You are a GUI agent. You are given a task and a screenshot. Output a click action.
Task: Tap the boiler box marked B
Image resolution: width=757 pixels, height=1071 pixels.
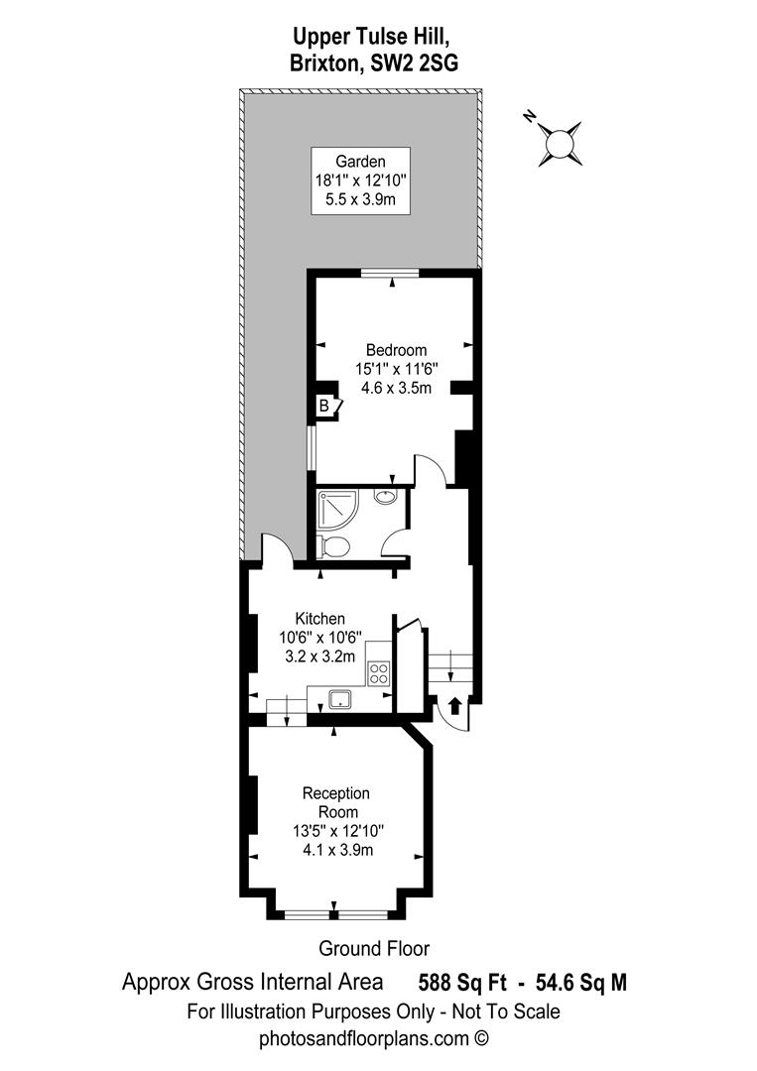point(323,405)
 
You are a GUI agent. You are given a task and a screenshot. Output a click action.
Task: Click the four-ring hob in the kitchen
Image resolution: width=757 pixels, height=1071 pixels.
point(378,672)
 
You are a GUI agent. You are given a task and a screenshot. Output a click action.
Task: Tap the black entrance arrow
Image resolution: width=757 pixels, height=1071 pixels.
point(454,705)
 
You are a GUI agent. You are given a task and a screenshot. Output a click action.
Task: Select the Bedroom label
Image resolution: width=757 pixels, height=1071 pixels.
point(396,350)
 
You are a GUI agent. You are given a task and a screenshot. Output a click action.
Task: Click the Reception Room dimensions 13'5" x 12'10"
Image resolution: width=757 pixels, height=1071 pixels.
point(336,831)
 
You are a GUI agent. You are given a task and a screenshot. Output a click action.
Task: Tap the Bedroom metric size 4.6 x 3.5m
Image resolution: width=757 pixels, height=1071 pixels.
point(396,388)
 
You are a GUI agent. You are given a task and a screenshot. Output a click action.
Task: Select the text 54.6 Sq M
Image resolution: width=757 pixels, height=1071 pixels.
point(581,983)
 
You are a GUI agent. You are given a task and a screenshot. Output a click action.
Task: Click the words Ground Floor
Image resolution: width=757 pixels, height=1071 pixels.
point(374,948)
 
